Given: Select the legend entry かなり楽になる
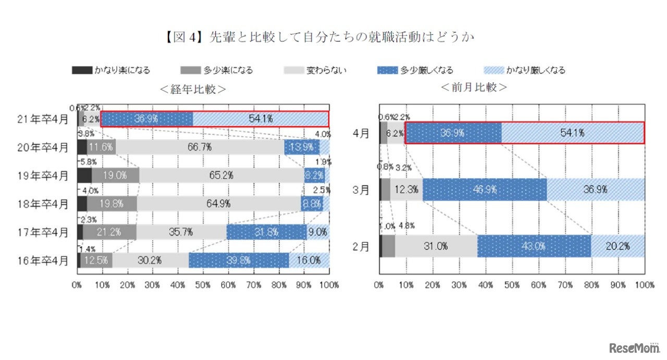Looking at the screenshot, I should coord(110,70).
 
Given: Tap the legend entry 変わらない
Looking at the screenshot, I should coord(315,70).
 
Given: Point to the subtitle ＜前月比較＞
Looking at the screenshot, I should coord(474,87).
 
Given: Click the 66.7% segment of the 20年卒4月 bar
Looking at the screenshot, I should coord(200,147).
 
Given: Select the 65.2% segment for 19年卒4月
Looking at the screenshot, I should coord(221,176).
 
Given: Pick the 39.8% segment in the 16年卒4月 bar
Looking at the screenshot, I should coord(239,260).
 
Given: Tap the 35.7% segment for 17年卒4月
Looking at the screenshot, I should coord(181,232).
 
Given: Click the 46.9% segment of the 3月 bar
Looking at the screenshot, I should coord(485,190).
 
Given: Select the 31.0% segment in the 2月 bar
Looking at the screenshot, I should coord(436,246).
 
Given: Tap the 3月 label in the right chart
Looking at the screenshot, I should coord(361,190).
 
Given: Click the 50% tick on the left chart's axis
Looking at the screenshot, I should coord(203,285).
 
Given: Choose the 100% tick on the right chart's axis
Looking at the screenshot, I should coord(645,285).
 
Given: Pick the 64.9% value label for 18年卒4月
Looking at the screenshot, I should coord(219,204).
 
